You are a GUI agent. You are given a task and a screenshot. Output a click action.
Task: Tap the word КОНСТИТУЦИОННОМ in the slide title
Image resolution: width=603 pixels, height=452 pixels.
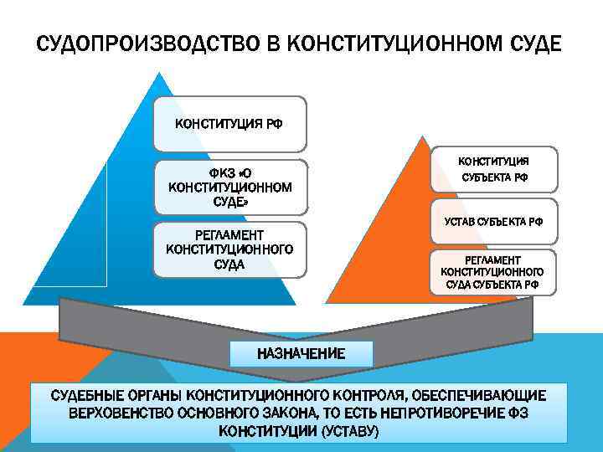pyautogui.click(x=399, y=43)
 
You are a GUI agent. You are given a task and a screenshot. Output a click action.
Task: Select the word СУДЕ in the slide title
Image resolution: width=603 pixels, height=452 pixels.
pyautogui.click(x=533, y=43)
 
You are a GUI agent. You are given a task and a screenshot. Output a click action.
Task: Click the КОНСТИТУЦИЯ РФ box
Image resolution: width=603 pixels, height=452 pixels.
pyautogui.click(x=229, y=124)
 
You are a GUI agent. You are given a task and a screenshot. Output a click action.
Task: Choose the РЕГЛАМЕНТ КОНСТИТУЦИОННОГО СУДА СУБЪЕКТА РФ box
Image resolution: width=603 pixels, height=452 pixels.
pyautogui.click(x=492, y=273)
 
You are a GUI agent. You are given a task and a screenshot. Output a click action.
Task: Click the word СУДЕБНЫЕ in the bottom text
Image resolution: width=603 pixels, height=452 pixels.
pyautogui.click(x=87, y=395)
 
